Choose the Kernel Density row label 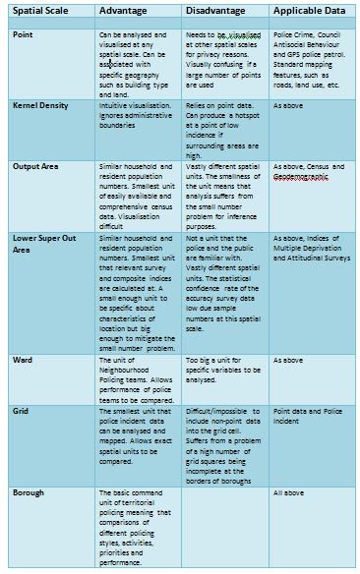pyautogui.click(x=44, y=102)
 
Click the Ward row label pyautogui.click(x=24, y=361)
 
